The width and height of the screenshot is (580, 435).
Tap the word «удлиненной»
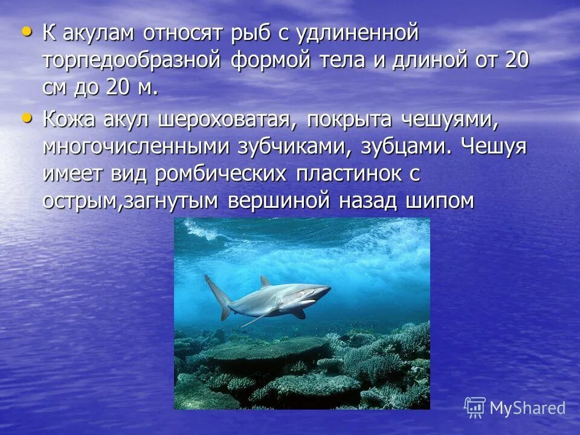357,33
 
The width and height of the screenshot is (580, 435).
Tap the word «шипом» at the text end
437,201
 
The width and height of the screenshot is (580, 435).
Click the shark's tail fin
217,296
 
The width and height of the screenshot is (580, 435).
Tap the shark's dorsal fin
265,282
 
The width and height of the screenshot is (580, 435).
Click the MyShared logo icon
475,407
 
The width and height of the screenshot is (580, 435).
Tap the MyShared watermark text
527,408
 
